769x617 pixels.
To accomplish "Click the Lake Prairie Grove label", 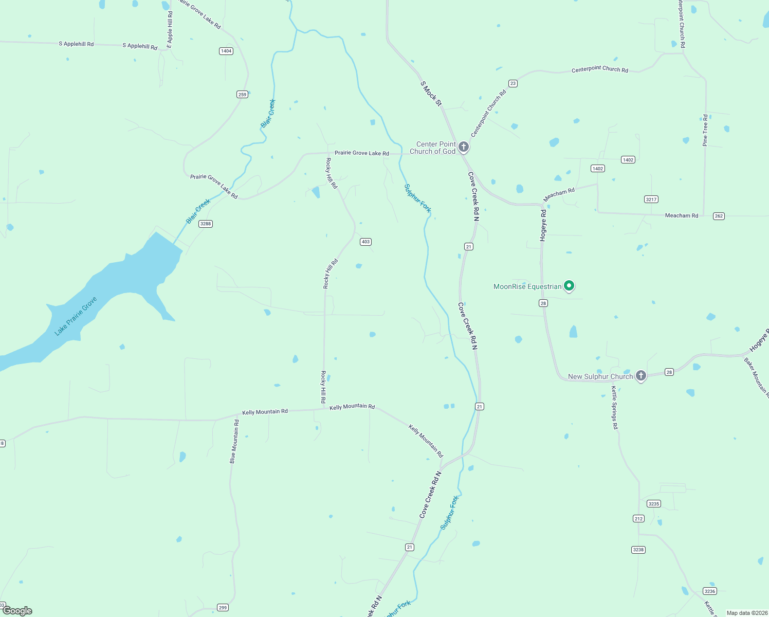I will coord(76,316).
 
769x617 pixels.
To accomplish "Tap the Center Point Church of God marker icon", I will coord(463,147).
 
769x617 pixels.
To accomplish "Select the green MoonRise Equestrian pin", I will coord(569,285).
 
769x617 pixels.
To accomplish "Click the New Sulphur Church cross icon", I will coord(640,375).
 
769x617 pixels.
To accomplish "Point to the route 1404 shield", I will coord(226,51).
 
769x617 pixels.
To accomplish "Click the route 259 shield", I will coord(243,94).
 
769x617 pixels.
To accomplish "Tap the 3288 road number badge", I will coord(206,224).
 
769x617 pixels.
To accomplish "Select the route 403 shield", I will coord(365,242).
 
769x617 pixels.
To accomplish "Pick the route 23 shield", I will coord(512,83).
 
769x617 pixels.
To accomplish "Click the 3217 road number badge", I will coord(651,199).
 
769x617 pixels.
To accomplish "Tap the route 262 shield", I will coord(719,216).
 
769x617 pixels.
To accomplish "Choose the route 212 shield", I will coord(638,518).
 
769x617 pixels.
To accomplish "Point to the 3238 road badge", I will coord(638,550).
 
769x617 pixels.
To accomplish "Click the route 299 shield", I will coord(223,607).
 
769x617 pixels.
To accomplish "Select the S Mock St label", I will coord(431,94).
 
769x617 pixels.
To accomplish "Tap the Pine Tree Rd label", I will coord(705,130).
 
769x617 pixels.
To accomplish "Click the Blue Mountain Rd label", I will coord(234,442).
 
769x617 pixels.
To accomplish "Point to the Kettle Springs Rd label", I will coord(614,408).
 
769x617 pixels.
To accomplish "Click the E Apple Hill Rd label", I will coord(170,30).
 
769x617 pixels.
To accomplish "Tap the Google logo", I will coord(17,611).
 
